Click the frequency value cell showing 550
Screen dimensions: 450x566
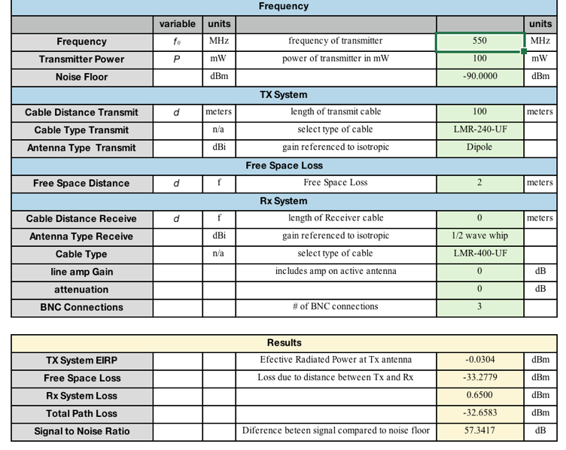point(479,41)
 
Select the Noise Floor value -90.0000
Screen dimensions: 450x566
point(479,77)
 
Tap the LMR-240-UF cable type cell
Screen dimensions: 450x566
point(479,129)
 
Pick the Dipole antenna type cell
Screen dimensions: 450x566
point(479,147)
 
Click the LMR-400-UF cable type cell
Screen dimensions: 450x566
point(479,254)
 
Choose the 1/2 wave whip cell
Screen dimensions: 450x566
point(479,236)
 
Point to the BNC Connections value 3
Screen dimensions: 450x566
point(479,307)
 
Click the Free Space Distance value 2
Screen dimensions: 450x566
point(479,183)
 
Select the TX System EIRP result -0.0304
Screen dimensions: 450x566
point(479,360)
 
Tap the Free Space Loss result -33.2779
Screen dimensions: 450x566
point(479,378)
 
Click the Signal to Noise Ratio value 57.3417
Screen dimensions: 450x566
point(479,431)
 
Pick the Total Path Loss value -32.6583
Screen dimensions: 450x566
point(479,413)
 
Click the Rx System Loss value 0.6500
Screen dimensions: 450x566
point(479,395)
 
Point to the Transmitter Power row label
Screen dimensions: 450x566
point(81,59)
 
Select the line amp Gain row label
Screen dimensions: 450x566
point(81,272)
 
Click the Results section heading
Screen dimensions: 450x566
point(284,342)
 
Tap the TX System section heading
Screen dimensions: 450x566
point(284,95)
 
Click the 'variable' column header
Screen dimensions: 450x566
point(177,24)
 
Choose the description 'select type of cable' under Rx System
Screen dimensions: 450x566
point(335,254)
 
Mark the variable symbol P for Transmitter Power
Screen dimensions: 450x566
point(177,59)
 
